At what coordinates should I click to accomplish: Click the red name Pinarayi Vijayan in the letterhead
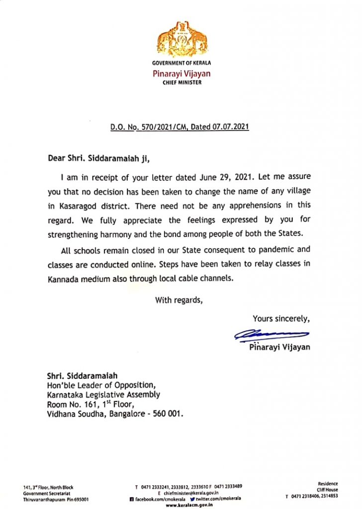pyautogui.click(x=181, y=74)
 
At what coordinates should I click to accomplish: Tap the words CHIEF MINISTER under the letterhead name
pyautogui.click(x=182, y=83)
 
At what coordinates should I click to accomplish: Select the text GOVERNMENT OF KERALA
pyautogui.click(x=181, y=63)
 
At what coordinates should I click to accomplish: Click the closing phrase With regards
pyautogui.click(x=179, y=300)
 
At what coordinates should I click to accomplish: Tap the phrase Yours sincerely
pyautogui.click(x=281, y=319)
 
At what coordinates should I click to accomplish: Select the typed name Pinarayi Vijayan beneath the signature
pyautogui.click(x=279, y=347)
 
